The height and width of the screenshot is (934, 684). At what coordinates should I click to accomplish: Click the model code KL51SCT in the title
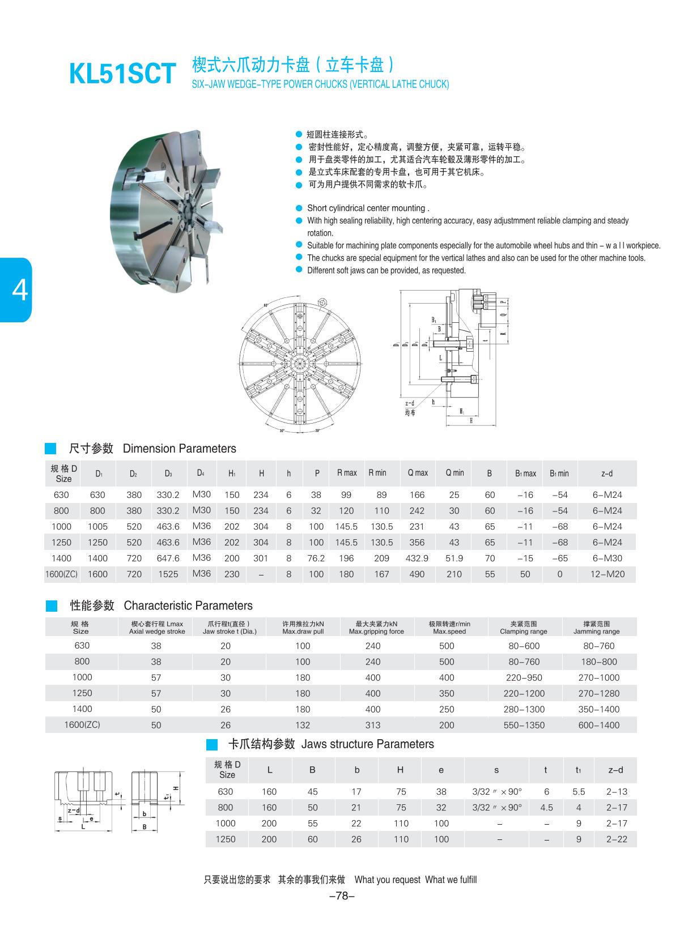122,74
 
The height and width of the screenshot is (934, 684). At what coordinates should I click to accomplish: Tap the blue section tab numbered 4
17,290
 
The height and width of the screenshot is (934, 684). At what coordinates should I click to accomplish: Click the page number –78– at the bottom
342,895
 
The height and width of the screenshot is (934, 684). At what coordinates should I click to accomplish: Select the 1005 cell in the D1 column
97,526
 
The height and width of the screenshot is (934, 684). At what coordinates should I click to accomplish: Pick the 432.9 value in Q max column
417,558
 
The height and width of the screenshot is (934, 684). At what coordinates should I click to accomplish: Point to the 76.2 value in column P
316,558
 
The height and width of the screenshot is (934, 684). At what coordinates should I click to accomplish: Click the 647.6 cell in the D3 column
168,558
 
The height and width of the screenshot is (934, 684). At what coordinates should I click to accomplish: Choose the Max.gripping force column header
376,628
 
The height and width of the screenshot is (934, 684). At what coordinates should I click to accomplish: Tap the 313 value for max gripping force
373,725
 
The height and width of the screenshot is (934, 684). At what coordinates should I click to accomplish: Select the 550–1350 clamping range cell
524,725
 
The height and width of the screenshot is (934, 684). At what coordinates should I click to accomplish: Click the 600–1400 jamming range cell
599,725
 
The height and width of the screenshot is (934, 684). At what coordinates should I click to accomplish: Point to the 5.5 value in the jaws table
579,791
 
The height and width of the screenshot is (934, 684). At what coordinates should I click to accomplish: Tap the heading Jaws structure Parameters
367,744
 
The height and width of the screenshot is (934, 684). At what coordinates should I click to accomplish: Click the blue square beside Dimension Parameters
51,449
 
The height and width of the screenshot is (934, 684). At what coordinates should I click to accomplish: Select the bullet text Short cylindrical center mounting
368,208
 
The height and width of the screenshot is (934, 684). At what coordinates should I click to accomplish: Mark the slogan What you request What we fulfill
415,880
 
